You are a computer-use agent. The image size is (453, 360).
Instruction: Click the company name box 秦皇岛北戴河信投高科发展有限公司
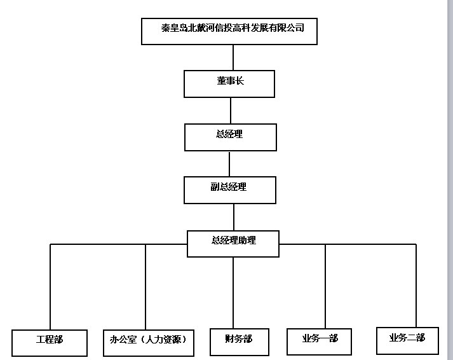coord(229,31)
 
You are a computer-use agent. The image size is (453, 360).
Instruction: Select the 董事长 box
coord(229,84)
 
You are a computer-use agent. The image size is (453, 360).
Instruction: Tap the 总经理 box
coord(230,137)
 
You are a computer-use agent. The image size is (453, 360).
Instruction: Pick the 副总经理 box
coord(230,190)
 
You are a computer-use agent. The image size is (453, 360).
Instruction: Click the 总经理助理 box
coord(233,244)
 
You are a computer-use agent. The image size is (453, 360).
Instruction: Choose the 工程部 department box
coord(50,343)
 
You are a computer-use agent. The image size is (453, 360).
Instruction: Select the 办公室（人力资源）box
coord(149,343)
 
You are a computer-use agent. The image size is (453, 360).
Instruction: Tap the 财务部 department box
coord(240,342)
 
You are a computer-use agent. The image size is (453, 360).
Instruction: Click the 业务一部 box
coord(319,342)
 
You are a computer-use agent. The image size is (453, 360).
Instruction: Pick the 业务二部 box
coord(407,341)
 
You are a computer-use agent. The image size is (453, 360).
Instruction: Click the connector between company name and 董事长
coord(233,57)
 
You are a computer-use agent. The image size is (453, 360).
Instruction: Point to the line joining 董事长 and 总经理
coord(231,111)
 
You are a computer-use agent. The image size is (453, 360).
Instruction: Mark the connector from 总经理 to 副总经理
coord(229,164)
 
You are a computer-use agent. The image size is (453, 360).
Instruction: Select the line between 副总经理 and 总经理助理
coord(234,217)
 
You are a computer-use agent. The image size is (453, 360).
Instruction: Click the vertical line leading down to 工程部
coord(50,287)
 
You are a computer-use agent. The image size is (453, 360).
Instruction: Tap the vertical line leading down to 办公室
coord(145,287)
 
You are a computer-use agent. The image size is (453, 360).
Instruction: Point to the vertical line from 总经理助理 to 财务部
coord(233,293)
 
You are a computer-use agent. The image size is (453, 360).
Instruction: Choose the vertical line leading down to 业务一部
coord(325,286)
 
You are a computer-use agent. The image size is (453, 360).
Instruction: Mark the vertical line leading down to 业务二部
coord(416,286)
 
